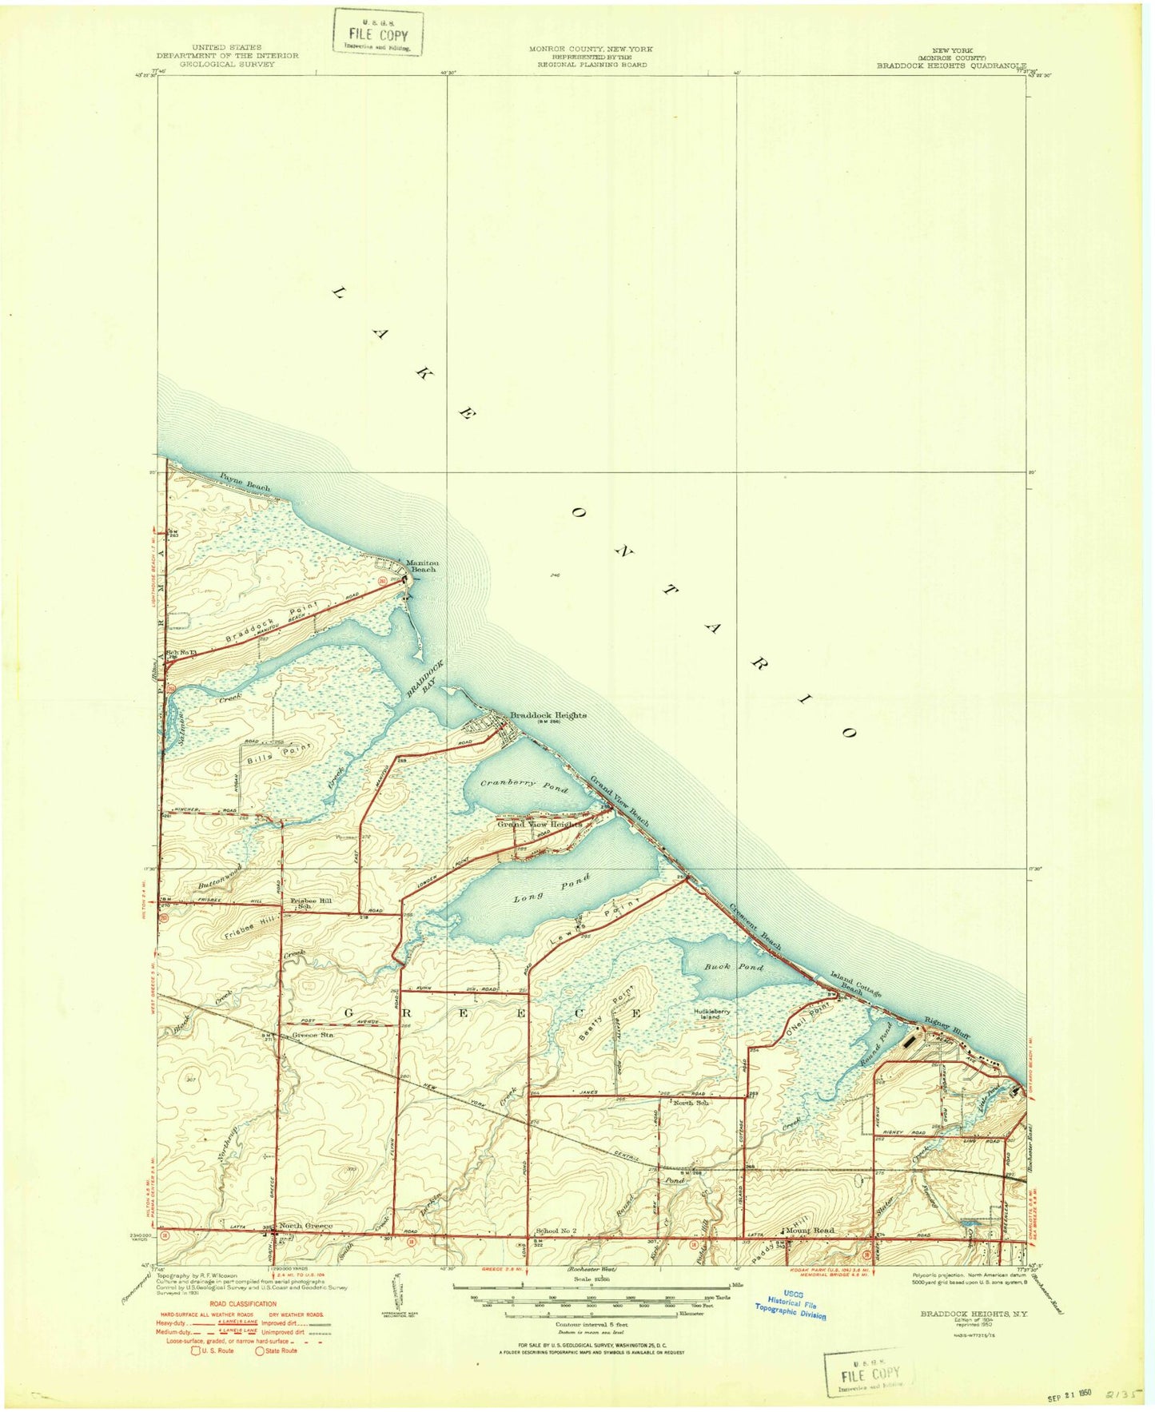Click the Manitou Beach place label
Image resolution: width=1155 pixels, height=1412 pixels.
[x=421, y=566]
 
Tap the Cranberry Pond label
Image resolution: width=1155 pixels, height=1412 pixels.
[x=524, y=786]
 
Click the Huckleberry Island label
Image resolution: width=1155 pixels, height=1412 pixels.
[x=711, y=1013]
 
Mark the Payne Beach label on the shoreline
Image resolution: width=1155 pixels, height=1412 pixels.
[x=245, y=481]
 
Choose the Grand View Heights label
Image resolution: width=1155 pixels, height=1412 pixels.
[x=528, y=824]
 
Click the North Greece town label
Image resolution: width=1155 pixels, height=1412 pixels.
[x=305, y=1225]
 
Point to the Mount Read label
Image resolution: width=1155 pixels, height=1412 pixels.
[x=809, y=1230]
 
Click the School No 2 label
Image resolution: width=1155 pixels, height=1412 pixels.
[x=556, y=1231]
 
